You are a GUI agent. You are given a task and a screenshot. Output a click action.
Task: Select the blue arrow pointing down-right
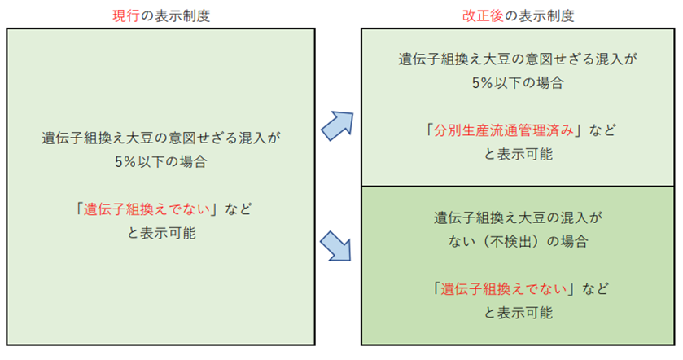(x=337, y=245)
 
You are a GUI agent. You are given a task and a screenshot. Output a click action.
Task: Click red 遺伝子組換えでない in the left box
(x=149, y=209)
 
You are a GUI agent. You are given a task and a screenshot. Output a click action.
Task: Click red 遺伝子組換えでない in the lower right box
(x=504, y=288)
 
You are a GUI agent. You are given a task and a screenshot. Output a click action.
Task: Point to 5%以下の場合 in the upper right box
(x=518, y=82)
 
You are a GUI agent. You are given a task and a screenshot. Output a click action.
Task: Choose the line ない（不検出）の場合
(x=518, y=242)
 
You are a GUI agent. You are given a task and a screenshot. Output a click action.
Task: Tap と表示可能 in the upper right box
(x=518, y=153)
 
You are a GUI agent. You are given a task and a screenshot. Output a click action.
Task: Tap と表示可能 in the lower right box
(x=518, y=312)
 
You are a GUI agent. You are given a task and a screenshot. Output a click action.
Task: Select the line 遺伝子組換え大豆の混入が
(x=518, y=217)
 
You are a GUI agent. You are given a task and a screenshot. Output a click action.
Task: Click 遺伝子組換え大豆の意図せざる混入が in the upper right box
(x=518, y=59)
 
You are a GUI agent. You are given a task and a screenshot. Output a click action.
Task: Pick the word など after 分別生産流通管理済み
(x=602, y=130)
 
